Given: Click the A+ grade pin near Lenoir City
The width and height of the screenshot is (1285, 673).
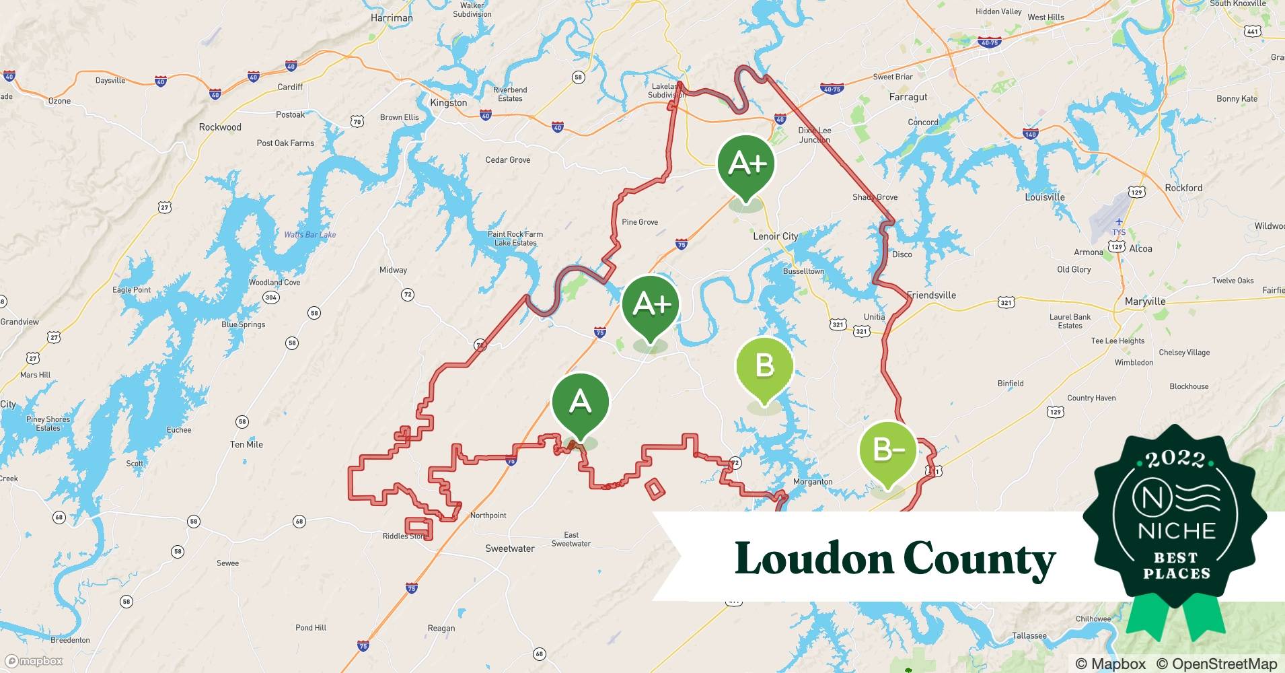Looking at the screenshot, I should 746,164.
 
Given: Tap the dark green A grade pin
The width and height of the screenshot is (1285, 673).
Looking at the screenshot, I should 580,402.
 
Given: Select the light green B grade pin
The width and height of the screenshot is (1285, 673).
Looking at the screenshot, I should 764,366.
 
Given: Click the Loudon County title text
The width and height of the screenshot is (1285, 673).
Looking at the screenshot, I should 895,559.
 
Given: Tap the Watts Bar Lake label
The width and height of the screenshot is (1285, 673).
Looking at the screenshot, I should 309,235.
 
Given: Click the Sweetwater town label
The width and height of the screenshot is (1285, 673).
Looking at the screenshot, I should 510,548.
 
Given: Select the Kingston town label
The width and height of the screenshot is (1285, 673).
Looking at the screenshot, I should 448,103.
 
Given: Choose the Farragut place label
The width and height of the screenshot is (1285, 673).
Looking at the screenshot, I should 908,97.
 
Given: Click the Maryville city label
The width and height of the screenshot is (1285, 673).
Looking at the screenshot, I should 1145,302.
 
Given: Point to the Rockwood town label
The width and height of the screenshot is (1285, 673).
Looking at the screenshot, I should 220,127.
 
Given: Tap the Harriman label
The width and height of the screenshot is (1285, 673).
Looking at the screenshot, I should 392,18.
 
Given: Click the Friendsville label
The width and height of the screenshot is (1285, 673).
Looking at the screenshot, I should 931,295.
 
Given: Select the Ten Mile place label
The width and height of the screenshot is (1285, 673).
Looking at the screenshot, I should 246,444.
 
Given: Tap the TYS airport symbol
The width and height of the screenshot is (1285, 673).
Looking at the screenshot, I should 1118,223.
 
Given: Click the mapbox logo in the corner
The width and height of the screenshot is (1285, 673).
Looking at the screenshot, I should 34,661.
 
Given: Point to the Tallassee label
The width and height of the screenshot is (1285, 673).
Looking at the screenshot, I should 1029,635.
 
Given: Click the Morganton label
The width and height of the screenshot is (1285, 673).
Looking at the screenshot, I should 813,482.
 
